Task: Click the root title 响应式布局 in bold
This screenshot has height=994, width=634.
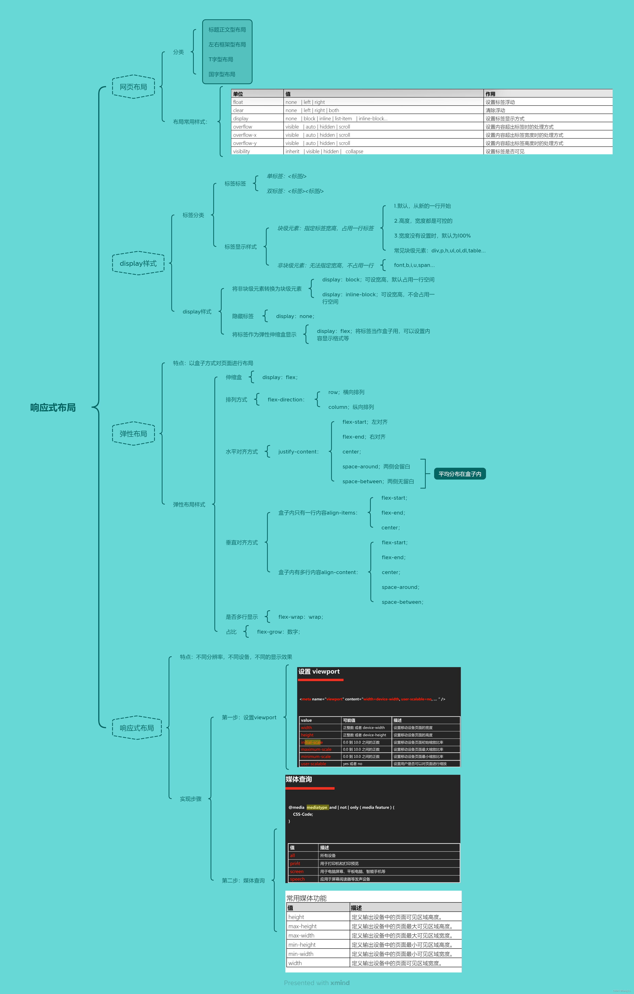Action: click(53, 407)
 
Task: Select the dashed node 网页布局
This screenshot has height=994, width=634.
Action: click(133, 87)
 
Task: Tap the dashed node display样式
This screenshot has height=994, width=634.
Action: click(138, 263)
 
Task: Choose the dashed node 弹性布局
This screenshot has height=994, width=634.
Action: click(133, 433)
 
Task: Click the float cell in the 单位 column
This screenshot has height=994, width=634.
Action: click(238, 102)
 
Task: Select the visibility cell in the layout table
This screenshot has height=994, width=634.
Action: click(241, 151)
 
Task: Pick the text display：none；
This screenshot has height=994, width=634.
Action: click(295, 316)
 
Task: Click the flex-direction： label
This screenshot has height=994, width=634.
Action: click(286, 400)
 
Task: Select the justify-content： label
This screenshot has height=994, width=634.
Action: click(298, 452)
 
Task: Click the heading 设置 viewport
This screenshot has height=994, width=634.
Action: click(319, 672)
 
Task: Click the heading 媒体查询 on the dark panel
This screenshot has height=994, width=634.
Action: click(299, 779)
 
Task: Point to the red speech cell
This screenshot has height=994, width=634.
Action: click(297, 879)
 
